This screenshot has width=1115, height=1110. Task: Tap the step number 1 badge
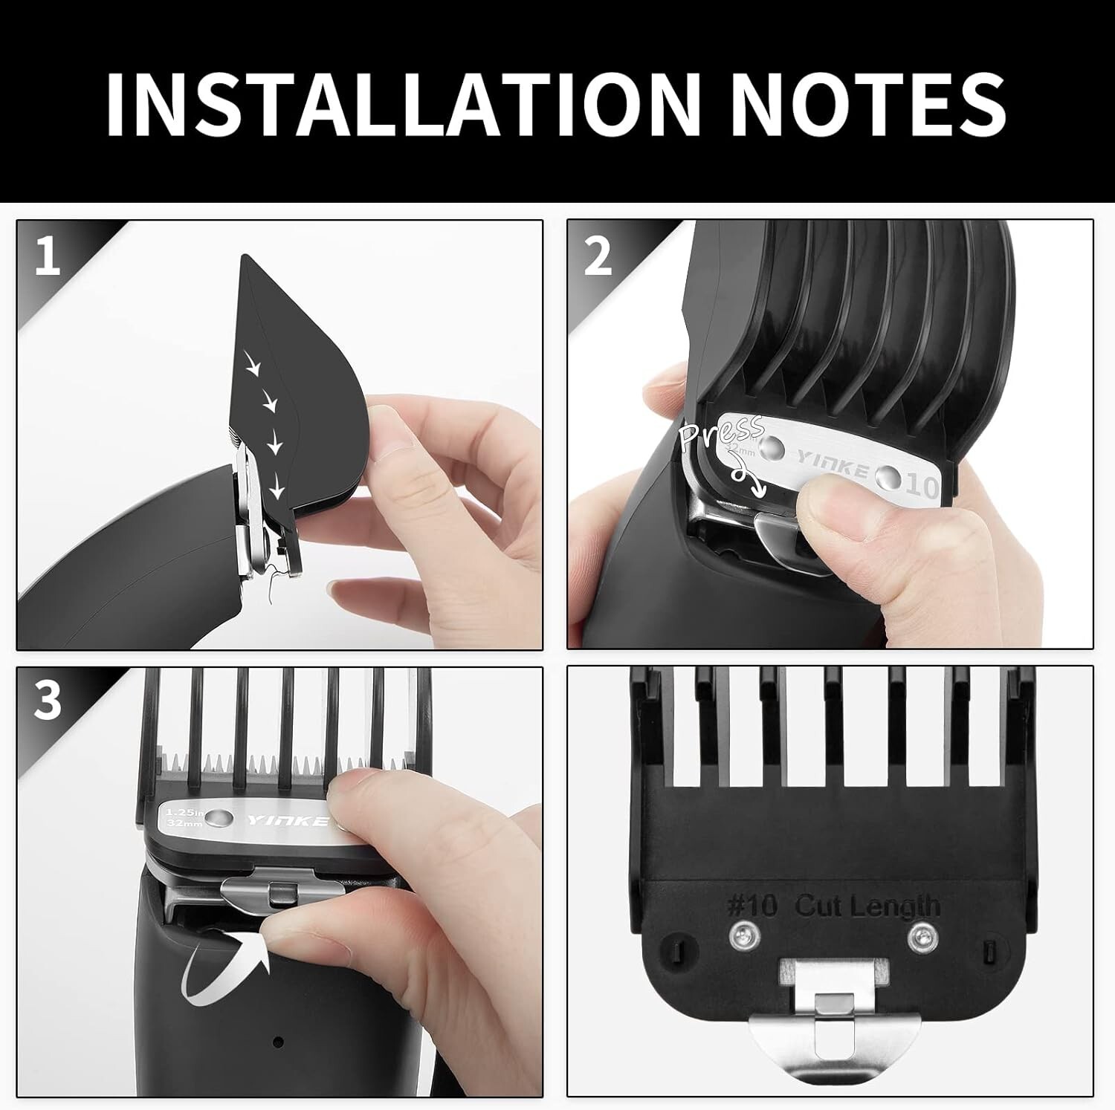point(47,257)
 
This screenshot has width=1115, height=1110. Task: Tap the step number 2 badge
point(597,257)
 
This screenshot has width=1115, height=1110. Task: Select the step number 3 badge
point(47,701)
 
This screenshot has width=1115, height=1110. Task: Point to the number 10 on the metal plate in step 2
point(922,487)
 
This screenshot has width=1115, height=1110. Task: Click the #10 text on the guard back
point(752,906)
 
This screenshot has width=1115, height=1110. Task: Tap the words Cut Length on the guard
point(867,906)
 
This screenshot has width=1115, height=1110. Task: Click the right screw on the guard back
point(921,935)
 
